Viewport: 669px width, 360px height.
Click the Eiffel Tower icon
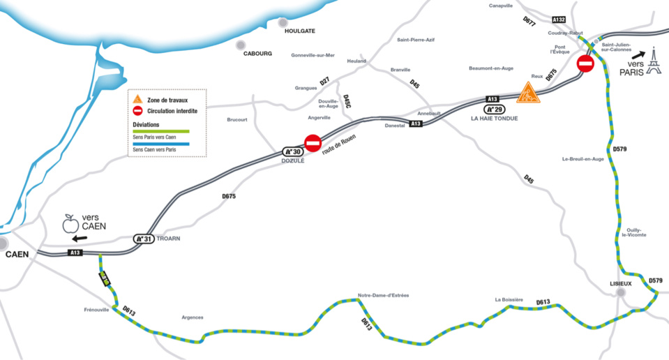coord(653,61)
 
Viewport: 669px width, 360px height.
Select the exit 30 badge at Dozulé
coord(292,151)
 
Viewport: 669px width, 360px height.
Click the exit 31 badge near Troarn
coord(143,239)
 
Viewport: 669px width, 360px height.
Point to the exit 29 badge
coord(495,110)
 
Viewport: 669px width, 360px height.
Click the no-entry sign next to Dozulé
coord(313,143)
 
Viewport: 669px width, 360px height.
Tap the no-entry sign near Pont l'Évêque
coord(585,64)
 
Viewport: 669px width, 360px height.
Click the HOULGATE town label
coord(300,31)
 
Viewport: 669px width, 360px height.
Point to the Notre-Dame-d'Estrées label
coord(383,295)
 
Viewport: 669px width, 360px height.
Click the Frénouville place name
coord(96,310)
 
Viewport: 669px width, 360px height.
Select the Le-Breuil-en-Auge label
coord(583,159)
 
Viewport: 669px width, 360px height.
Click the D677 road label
coord(529,22)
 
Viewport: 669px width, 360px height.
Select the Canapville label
coord(501,6)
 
